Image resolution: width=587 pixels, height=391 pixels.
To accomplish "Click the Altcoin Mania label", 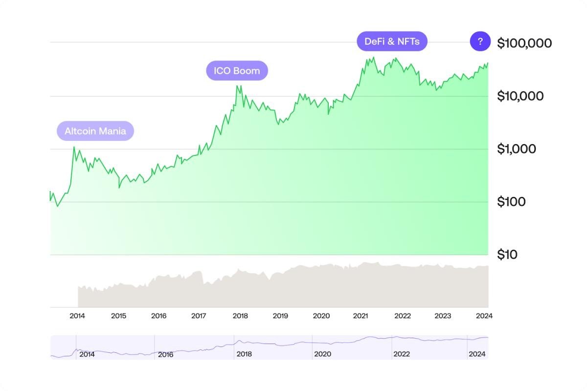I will pos(95,131).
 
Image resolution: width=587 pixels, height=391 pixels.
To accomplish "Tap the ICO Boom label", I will pos(237,70).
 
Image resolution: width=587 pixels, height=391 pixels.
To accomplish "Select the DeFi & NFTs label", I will pos(392,42).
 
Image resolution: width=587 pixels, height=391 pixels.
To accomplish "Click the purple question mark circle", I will pos(480,42).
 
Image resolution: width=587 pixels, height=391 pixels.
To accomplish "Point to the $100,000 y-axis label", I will pos(524,43).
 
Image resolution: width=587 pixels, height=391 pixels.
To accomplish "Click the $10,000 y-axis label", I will pos(520,96).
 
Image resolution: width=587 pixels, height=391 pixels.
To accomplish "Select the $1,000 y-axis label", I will pos(516,149).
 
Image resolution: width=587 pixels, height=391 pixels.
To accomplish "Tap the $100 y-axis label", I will pos(511,201).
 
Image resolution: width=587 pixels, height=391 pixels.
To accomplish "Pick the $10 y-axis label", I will pos(508,254).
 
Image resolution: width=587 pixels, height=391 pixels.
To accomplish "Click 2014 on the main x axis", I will pos(77,316).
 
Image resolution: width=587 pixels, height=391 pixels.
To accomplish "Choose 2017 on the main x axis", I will pos(199,316).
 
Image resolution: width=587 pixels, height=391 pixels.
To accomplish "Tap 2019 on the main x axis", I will pos(280,316).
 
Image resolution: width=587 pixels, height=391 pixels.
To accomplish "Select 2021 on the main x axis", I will pos(361,316).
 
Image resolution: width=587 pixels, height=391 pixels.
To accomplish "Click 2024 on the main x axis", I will pos(484,316).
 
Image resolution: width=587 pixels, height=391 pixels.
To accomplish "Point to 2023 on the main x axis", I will pos(443,316).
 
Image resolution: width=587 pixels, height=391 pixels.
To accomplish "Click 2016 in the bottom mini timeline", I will pos(165,354).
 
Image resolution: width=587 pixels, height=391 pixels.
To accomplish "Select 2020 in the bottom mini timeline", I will pos(322,354).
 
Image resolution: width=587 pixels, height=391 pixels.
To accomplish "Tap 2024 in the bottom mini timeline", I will pos(477,354).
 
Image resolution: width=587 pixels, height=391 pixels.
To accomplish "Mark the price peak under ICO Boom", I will pos(237,86).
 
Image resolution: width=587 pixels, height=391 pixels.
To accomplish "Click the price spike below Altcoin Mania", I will pos(74,147).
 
